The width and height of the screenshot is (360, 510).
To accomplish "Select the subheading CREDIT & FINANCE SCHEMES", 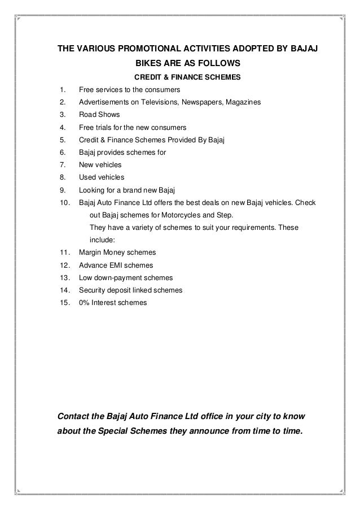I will [187, 77].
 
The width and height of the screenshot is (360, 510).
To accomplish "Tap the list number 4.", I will [62, 127].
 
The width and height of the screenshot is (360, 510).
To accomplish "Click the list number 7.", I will [62, 165].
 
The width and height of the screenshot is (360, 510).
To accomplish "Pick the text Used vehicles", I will [102, 177].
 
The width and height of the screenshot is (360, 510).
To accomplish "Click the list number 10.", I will [64, 203].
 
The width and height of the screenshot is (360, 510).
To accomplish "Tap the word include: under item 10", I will [103, 240].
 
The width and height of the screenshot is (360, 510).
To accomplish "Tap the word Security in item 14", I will [93, 290].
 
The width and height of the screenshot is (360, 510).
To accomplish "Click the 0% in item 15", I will [85, 303].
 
